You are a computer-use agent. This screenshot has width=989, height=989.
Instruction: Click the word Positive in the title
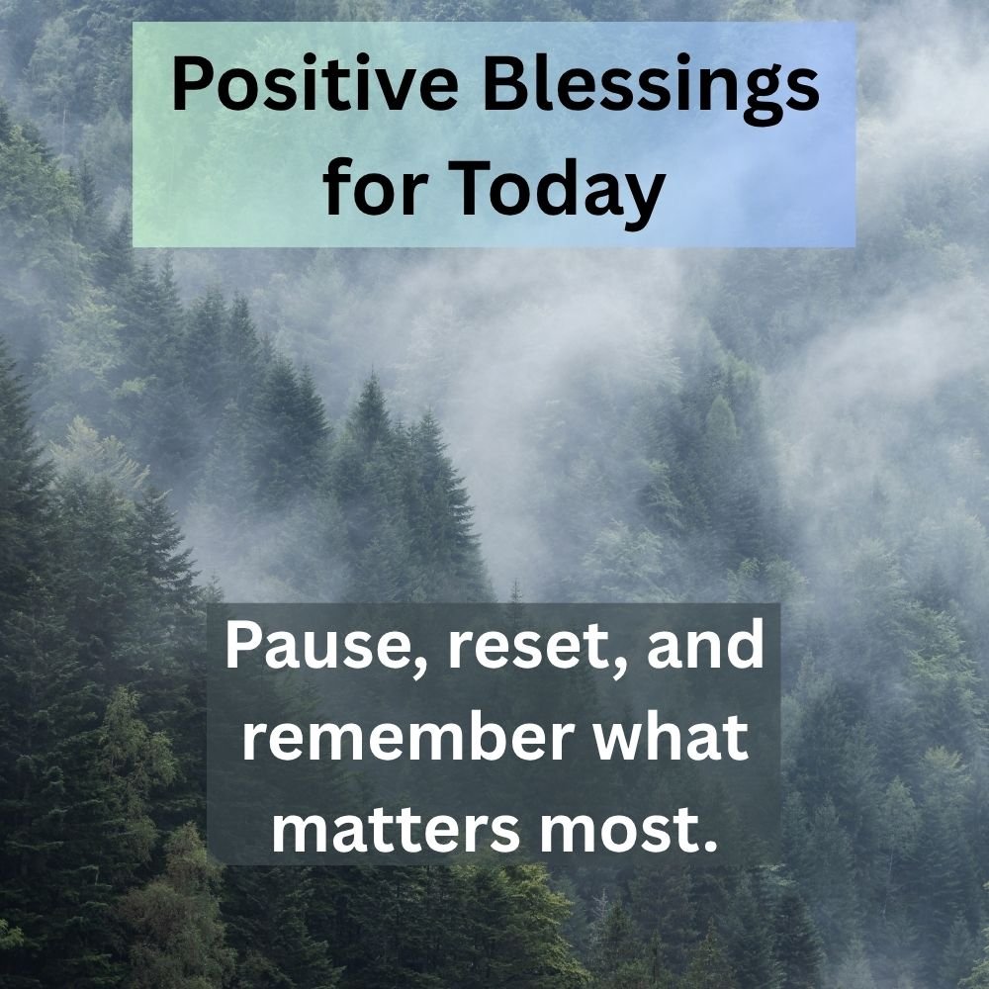[x=315, y=84]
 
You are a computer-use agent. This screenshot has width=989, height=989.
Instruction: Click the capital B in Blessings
[x=506, y=84]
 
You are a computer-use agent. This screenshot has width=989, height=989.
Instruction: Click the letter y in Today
[x=645, y=201]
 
